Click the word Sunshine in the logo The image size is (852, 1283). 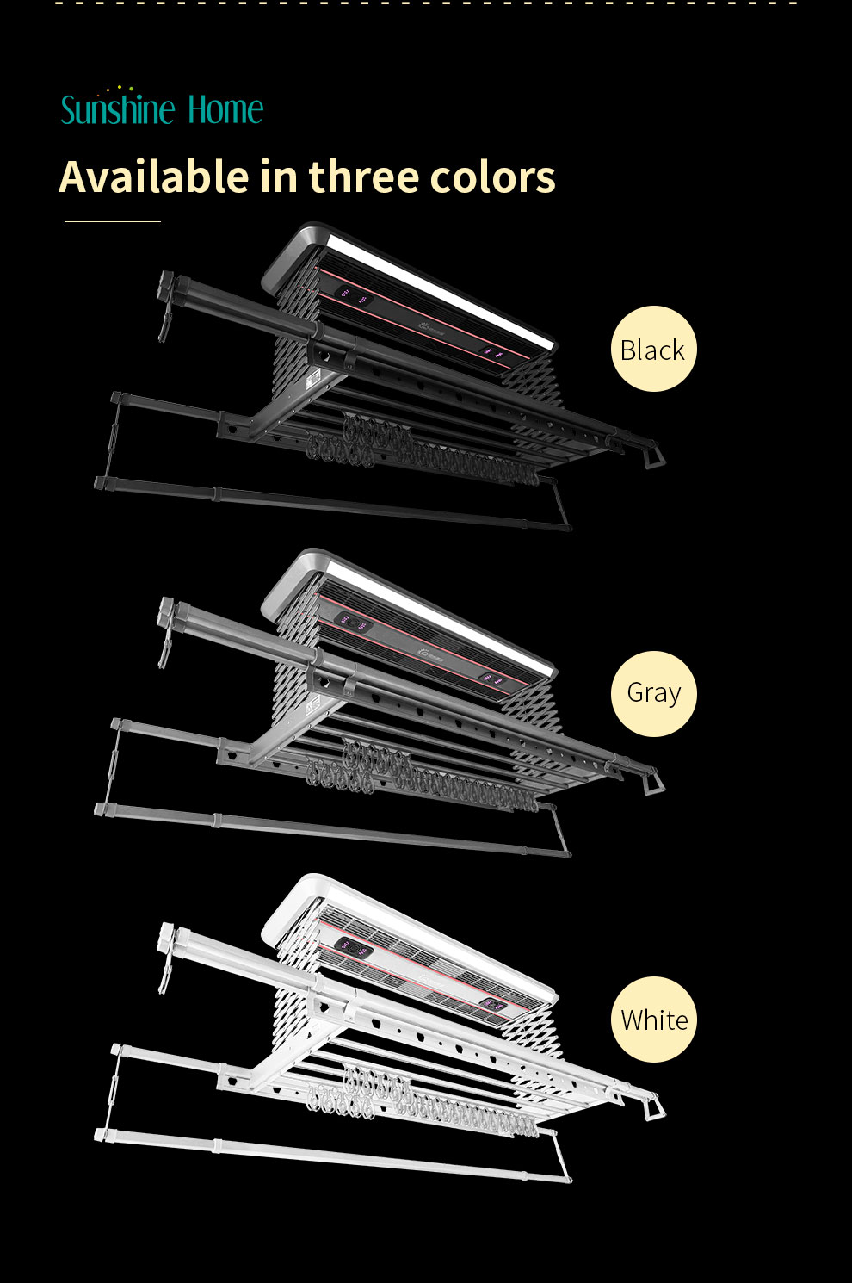click(x=118, y=110)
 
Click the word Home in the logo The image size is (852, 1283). click(x=225, y=110)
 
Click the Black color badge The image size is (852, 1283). click(x=653, y=349)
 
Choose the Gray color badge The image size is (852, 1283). click(x=653, y=693)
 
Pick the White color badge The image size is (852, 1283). click(x=653, y=1020)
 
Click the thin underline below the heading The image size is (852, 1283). click(x=113, y=221)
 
